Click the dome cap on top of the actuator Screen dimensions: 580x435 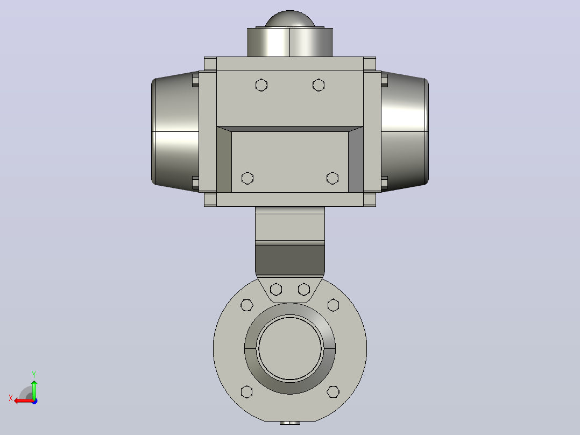(x=289, y=19)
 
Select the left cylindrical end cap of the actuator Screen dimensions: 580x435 (x=175, y=131)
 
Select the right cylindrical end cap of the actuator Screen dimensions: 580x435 (x=405, y=131)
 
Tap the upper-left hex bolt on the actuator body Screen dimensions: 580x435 (x=261, y=85)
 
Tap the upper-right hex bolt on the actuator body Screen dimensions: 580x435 (x=319, y=85)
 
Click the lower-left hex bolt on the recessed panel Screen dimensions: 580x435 (x=247, y=178)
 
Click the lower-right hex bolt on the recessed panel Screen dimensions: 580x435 (x=333, y=178)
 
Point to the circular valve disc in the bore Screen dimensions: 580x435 (x=290, y=348)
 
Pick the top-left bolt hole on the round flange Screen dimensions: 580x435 (x=247, y=305)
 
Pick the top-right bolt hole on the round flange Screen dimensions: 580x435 (x=333, y=305)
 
